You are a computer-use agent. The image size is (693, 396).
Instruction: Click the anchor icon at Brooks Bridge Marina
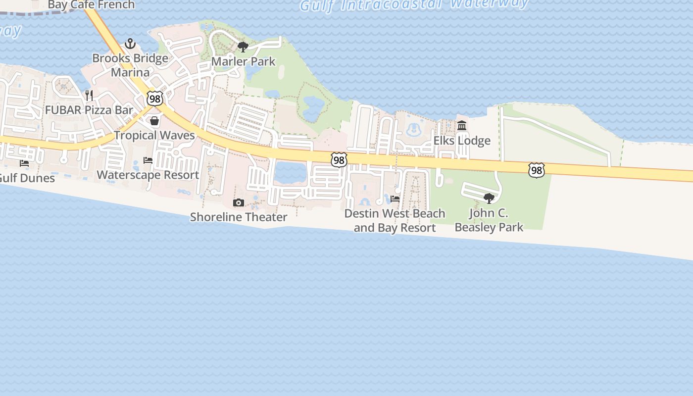click(130, 44)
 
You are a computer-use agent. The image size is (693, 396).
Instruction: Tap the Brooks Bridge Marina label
click(130, 65)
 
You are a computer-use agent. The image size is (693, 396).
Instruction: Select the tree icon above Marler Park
click(243, 47)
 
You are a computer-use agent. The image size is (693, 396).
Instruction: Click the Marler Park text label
click(243, 62)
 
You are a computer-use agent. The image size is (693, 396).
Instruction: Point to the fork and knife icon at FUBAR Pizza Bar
click(89, 95)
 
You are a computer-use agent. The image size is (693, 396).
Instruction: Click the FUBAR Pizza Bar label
click(89, 110)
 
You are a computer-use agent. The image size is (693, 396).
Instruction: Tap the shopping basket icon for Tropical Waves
click(154, 121)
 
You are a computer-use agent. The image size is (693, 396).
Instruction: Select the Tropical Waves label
click(154, 135)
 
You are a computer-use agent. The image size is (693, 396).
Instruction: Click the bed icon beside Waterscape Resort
click(148, 160)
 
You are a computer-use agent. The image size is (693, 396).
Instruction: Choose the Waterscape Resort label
click(148, 175)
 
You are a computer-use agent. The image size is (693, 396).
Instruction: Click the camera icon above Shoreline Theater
click(239, 202)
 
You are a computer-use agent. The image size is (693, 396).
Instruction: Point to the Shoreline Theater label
click(239, 217)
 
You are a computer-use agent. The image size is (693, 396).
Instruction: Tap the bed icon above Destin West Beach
click(395, 199)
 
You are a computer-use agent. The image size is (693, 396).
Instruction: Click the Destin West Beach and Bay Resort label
click(395, 221)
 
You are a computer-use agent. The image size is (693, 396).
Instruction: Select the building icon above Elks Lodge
click(462, 126)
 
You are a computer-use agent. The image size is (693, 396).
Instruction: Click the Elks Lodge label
click(462, 141)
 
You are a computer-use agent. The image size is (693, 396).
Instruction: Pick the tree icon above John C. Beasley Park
click(489, 198)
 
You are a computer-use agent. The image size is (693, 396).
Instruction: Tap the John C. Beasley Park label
click(489, 220)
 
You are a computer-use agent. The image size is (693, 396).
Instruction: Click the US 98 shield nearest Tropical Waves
click(155, 98)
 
